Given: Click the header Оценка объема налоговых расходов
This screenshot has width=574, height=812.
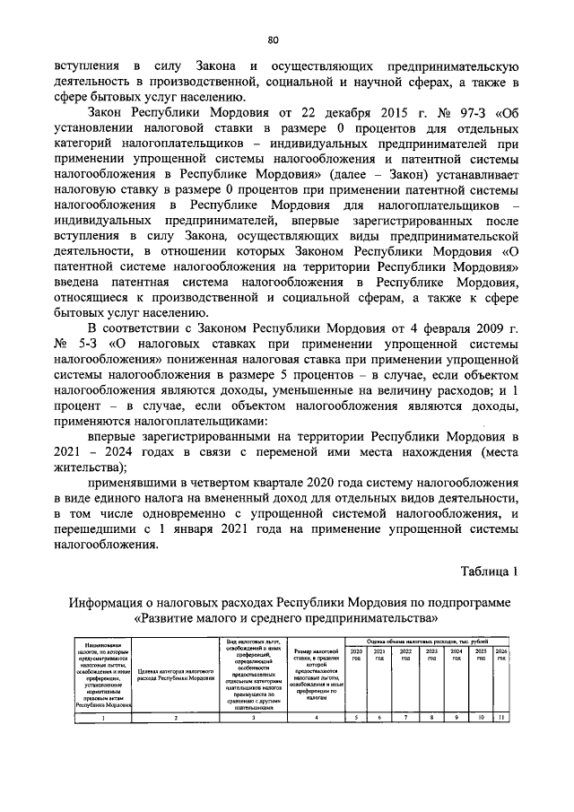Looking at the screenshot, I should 427,642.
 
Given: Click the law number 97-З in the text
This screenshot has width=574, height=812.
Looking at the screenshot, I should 459,114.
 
